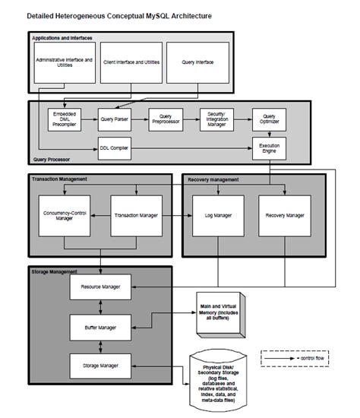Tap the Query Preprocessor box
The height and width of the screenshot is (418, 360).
coord(166,119)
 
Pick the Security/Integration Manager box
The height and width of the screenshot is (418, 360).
coord(216,119)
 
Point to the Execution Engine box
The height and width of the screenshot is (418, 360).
coord(270,147)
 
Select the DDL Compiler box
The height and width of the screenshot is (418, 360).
coord(114,147)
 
